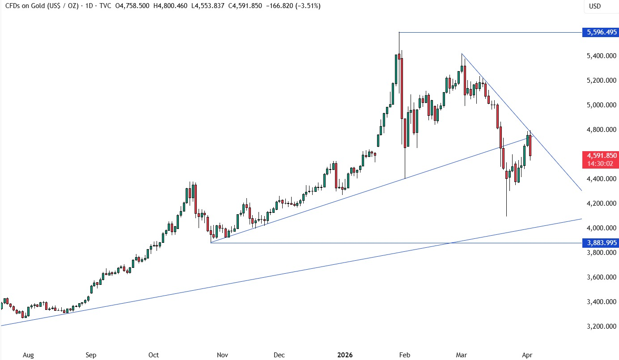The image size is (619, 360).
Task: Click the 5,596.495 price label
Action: pos(600,32)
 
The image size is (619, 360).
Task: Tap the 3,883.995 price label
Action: pos(600,243)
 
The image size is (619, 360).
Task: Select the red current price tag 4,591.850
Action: pos(600,156)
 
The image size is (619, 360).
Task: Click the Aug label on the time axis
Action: pos(28,355)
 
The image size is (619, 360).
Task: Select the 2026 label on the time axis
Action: pos(345,355)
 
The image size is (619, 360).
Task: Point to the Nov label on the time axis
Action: pos(223,355)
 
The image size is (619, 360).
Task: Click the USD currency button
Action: pos(595,6)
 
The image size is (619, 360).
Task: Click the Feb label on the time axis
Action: pos(404,355)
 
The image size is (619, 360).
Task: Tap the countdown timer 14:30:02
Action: pos(600,164)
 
